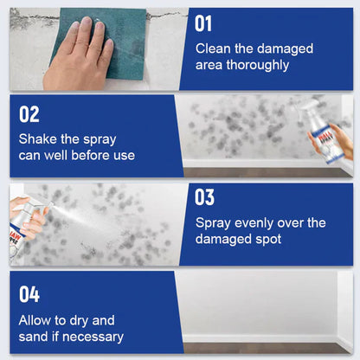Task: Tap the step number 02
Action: pyautogui.click(x=29, y=114)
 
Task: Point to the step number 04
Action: pyautogui.click(x=29, y=293)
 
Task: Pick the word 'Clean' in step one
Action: pyautogui.click(x=214, y=48)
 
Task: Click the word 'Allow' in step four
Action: pyautogui.click(x=37, y=319)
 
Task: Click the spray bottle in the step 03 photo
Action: pyautogui.click(x=24, y=222)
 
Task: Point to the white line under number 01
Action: pyautogui.click(x=205, y=36)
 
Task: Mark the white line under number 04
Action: pyautogui.click(x=29, y=306)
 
